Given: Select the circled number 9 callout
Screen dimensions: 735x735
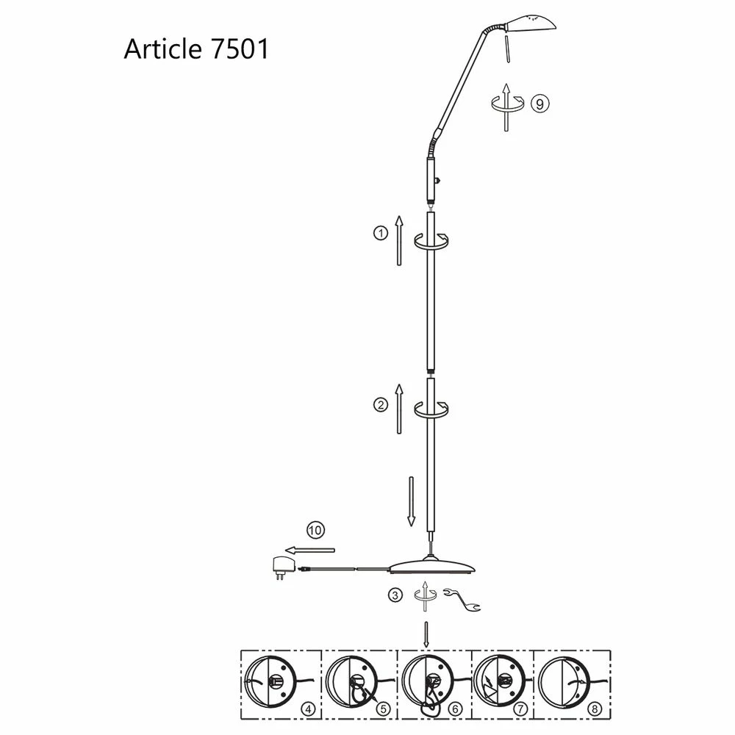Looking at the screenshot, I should coord(539,104).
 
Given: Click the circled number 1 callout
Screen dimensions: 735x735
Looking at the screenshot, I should coord(380,234).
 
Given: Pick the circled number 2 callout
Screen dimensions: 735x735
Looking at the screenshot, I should coord(380,404).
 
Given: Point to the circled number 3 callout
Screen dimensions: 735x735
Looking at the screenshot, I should coord(396,595).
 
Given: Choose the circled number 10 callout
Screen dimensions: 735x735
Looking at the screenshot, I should coord(315,528).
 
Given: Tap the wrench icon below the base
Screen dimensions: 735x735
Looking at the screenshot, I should coord(462,599).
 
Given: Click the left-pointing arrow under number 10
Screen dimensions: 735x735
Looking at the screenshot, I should coord(310,549).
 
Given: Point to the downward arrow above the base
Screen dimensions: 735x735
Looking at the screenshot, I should coord(411,502).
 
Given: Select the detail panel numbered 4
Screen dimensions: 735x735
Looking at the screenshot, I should coord(282,683).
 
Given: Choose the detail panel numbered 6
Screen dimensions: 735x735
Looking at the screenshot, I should coord(434,683).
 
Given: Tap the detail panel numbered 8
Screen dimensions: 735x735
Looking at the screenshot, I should coord(571,683).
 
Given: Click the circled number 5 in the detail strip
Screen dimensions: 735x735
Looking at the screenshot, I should coord(382,710).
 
